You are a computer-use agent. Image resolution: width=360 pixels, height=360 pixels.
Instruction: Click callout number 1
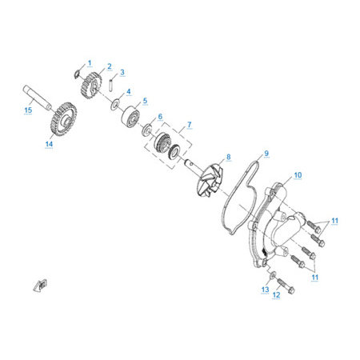[x=90, y=63]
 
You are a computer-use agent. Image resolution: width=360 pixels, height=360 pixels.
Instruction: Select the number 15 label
[x=28, y=110]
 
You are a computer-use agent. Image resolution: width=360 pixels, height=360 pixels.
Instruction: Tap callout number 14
[x=49, y=144]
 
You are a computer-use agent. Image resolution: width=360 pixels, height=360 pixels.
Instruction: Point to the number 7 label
[x=190, y=125]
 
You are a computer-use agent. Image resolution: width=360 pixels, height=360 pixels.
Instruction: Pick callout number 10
[x=298, y=175]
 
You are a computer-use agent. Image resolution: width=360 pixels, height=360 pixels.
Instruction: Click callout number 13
[x=265, y=290]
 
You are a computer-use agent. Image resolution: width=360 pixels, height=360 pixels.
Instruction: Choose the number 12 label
[x=276, y=294]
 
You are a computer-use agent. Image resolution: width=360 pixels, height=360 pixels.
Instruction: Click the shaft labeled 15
[x=37, y=97]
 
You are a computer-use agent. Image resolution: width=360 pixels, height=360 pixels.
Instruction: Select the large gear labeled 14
[x=63, y=119]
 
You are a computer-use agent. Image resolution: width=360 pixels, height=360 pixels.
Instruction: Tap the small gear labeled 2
[x=91, y=85]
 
